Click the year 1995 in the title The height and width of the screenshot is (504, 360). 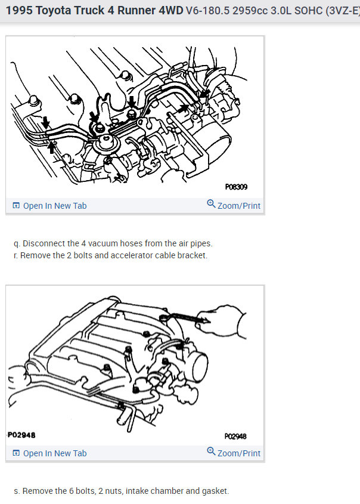point(19,11)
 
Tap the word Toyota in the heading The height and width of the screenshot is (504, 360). point(54,11)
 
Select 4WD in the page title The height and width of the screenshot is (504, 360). point(171,11)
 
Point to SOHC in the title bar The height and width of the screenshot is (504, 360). point(308,11)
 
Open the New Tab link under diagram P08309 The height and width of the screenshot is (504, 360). point(55,206)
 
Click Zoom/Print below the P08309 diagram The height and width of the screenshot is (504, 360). point(239,206)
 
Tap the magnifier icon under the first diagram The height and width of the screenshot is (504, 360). point(211,204)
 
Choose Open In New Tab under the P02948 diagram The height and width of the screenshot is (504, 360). point(55,453)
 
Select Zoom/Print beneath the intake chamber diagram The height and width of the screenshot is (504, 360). point(239,453)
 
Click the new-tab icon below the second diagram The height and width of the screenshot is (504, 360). point(16,453)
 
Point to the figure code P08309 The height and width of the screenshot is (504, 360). point(236,187)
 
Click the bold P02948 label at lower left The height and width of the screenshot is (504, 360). point(21,435)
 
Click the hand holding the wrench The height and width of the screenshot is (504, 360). point(222,321)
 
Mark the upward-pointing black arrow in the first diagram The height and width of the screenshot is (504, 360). point(51,147)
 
